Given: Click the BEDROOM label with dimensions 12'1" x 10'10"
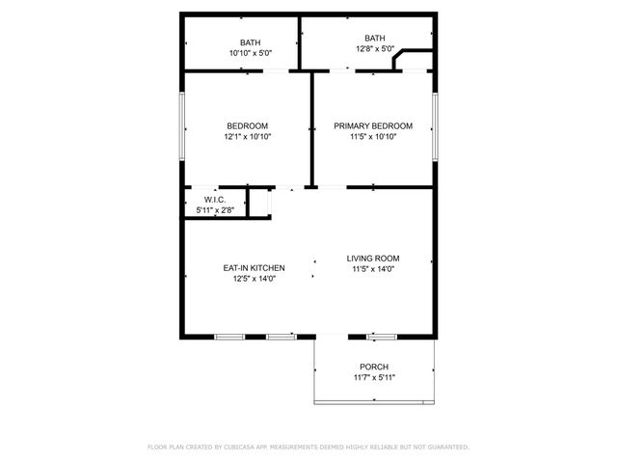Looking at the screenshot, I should click(248, 125).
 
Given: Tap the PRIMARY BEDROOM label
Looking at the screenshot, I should click(373, 125).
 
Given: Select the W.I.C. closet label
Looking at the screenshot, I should click(214, 199).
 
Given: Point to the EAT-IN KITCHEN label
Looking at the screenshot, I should click(254, 268).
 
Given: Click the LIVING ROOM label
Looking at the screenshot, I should click(373, 259).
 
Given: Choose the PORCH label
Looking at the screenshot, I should click(373, 367).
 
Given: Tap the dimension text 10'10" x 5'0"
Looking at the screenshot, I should click(250, 54).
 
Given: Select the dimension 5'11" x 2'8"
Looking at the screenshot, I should click(214, 209).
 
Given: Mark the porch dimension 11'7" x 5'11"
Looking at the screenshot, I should click(373, 377).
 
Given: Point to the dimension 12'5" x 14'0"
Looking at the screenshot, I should click(254, 279).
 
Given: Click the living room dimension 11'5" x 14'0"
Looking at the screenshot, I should click(373, 269).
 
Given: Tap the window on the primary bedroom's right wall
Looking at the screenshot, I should click(435, 129).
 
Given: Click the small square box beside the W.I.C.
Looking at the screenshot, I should click(258, 203).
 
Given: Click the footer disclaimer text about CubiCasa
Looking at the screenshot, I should click(308, 448).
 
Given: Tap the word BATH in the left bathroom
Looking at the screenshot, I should click(250, 43).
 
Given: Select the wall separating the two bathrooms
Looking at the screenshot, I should click(299, 42).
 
